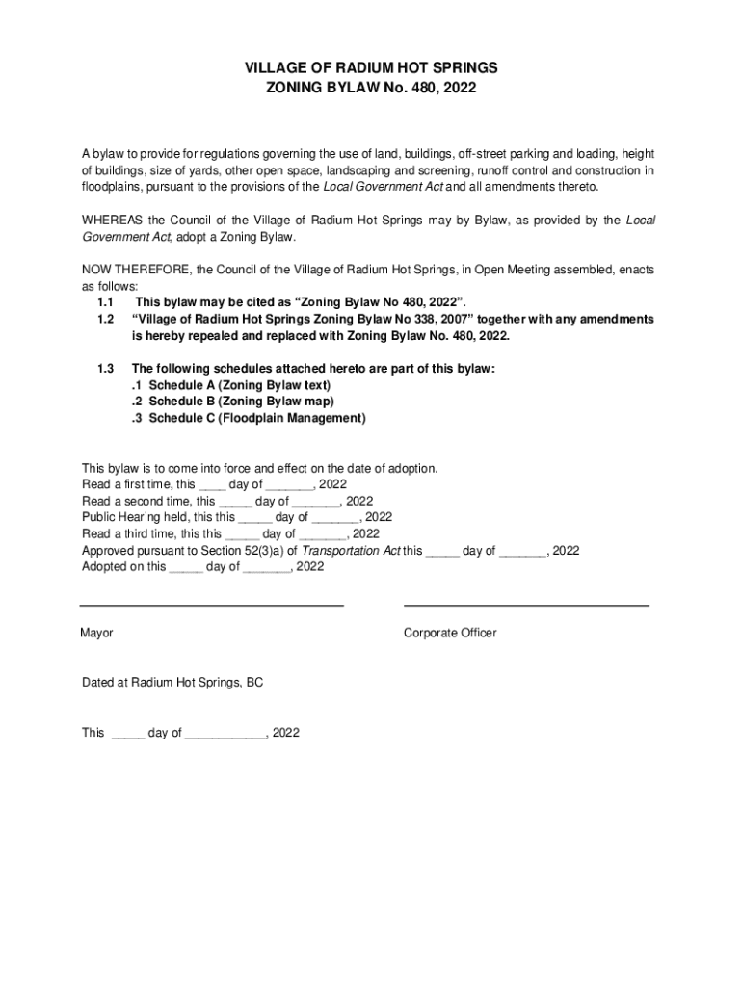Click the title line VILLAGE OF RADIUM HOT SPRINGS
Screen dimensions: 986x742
(371, 68)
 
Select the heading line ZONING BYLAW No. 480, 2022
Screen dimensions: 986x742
(371, 88)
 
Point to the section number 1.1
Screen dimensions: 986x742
(106, 302)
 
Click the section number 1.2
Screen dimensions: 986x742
(106, 319)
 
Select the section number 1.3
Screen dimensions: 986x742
(106, 369)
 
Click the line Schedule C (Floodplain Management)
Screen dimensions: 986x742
(249, 418)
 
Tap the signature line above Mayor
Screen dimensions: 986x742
(211, 605)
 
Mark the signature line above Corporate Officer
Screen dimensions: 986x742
(526, 605)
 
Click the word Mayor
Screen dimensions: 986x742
(97, 633)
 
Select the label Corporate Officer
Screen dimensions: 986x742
(450, 633)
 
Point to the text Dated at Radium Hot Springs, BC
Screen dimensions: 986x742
(172, 683)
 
